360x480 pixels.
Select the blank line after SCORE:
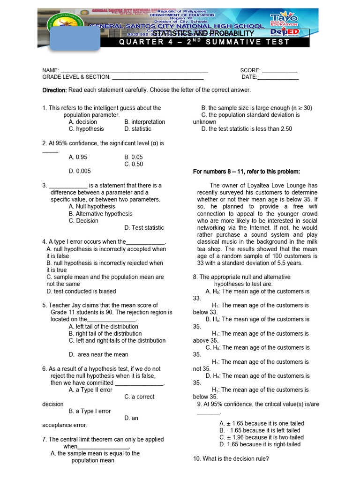280,70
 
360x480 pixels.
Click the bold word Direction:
55,90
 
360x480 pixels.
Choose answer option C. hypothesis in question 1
86,129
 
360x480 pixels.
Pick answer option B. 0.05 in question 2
134,157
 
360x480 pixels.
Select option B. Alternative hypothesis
100,214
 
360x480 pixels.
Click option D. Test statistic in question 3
144,228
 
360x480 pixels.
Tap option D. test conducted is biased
81,291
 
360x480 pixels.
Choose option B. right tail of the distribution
105,334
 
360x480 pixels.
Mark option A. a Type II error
90,390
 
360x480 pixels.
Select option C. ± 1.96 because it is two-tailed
261,437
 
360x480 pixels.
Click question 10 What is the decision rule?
231,459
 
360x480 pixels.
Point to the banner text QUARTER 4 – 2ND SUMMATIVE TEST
204,42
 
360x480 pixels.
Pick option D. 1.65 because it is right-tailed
260,444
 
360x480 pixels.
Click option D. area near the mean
98,355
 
